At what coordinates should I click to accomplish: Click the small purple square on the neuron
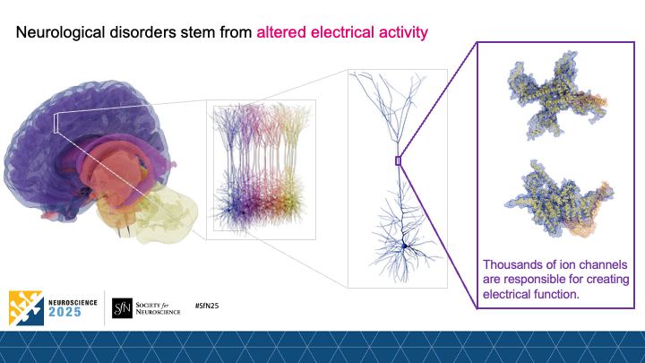tap(398, 160)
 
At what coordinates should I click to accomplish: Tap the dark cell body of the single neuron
tap(405, 244)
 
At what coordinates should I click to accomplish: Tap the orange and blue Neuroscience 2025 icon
tap(24, 307)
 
